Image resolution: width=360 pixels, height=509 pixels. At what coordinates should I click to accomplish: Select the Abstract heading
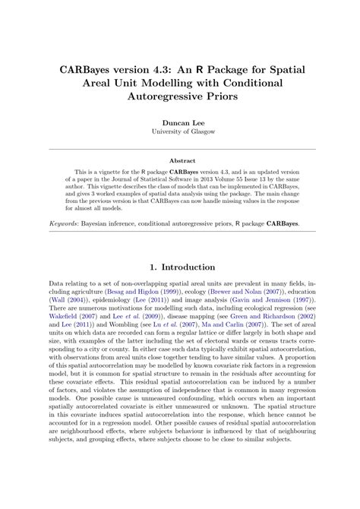pos(180,161)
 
